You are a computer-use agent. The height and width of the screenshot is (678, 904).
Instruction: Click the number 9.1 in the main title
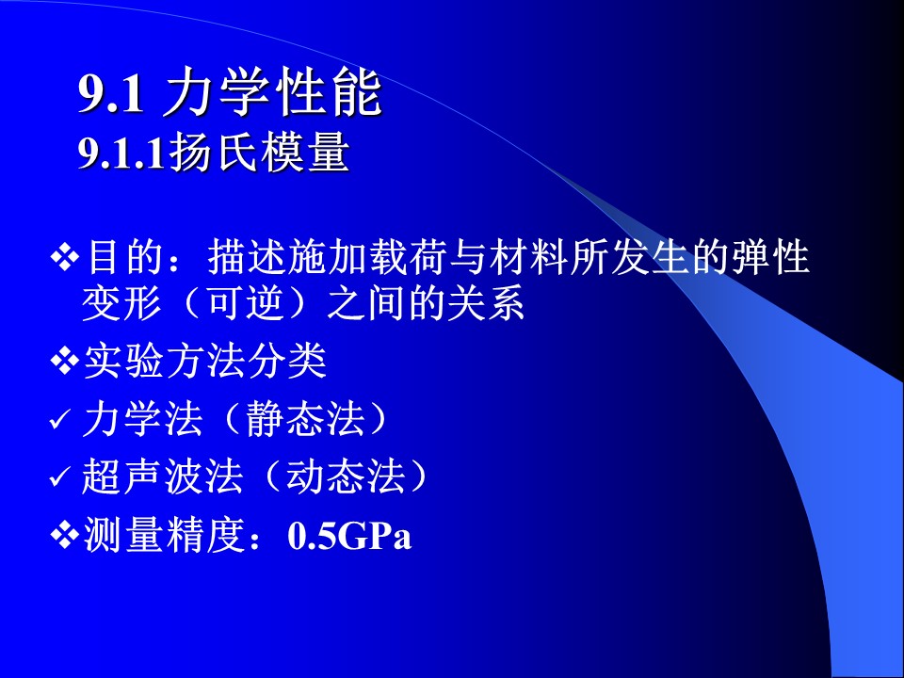111,94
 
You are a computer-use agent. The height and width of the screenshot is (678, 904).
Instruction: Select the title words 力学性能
272,93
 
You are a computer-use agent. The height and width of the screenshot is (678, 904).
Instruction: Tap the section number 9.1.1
121,153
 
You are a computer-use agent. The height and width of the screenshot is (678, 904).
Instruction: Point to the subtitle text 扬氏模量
259,153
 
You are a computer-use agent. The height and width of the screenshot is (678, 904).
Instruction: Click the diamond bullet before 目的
65,256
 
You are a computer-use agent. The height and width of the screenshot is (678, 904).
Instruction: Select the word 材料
529,257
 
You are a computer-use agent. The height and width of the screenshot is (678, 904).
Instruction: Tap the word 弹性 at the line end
771,257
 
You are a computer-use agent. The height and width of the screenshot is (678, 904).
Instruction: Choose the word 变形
121,303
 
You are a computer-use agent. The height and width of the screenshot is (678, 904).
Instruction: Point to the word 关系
486,303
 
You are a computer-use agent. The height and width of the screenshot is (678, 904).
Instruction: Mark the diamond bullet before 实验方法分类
65,362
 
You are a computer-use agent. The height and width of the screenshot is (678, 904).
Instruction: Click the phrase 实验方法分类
205,362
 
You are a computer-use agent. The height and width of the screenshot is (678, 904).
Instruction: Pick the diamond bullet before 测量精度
65,536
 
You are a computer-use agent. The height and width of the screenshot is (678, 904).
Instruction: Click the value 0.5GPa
349,536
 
